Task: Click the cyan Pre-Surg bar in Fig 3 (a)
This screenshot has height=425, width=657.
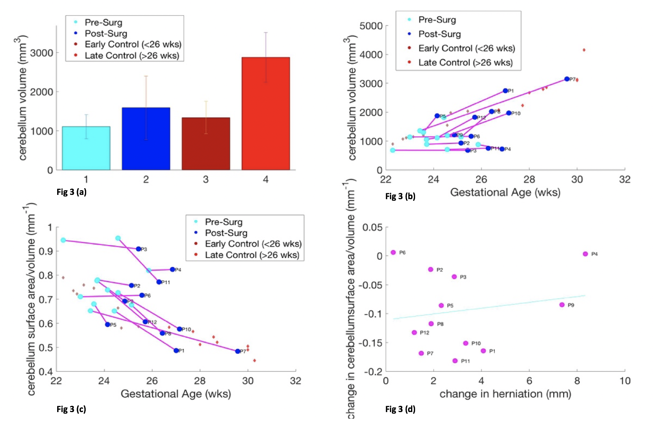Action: click(x=86, y=148)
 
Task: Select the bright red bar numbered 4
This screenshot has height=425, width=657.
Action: click(x=265, y=113)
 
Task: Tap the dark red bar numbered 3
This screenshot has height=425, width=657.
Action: click(x=206, y=144)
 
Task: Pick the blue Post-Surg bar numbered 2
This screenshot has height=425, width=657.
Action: click(x=146, y=139)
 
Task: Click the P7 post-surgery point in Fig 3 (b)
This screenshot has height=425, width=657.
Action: click(x=567, y=79)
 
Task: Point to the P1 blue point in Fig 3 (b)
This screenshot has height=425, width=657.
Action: click(x=505, y=91)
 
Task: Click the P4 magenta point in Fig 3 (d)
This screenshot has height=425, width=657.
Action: click(x=585, y=254)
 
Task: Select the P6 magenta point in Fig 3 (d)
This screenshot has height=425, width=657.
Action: click(x=393, y=252)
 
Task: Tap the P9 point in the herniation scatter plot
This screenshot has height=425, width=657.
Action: click(x=562, y=305)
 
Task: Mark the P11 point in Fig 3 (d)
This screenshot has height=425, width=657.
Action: click(x=455, y=361)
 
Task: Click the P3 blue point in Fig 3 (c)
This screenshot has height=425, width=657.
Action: click(x=139, y=249)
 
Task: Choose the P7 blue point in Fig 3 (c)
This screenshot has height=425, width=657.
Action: click(x=238, y=351)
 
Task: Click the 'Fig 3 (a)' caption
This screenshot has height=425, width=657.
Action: click(x=72, y=192)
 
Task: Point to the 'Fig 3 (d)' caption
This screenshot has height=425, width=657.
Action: click(x=400, y=409)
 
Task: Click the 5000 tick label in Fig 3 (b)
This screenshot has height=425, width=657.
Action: click(x=371, y=26)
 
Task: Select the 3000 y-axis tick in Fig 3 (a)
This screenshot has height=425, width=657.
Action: click(x=42, y=53)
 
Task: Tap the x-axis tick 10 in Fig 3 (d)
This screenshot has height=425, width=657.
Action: click(x=625, y=381)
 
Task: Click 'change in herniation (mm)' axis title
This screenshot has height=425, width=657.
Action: click(x=505, y=394)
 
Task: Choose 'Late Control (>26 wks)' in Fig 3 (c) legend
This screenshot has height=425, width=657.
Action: click(x=252, y=255)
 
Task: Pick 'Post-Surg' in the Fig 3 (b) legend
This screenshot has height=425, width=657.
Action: click(x=439, y=34)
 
